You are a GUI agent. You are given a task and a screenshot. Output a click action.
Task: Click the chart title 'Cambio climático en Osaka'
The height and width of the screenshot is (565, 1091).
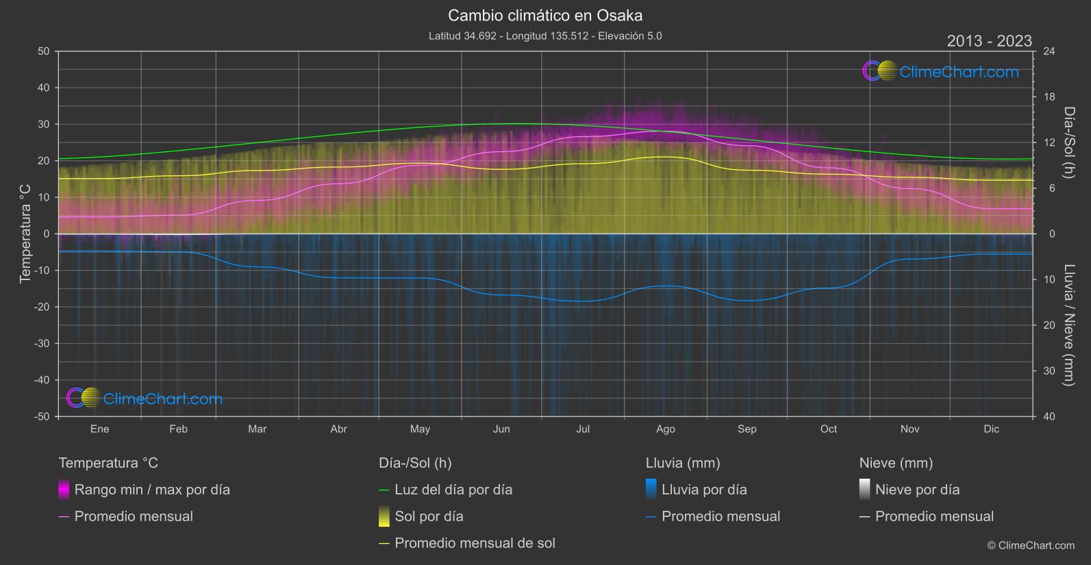(545, 15)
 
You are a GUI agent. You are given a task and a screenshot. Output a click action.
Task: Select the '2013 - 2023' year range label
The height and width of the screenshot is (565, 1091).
(989, 41)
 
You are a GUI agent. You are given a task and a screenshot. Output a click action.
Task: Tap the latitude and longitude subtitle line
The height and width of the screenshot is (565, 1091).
(545, 36)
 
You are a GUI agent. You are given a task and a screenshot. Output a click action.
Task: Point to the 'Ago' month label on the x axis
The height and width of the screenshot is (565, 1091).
(665, 429)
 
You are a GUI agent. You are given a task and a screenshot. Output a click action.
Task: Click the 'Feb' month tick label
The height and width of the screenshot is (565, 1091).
(178, 429)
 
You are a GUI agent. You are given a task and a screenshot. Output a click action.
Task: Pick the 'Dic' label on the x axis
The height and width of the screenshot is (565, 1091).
(991, 429)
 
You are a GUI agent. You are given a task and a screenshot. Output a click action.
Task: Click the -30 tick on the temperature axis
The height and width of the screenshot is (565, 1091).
(42, 344)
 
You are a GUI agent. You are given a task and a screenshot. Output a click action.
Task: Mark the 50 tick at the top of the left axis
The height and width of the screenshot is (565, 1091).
(44, 51)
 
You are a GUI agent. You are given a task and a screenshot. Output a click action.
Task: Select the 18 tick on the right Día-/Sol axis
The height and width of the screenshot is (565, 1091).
(1049, 97)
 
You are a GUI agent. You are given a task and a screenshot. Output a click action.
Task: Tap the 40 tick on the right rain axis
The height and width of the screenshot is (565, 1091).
(1049, 416)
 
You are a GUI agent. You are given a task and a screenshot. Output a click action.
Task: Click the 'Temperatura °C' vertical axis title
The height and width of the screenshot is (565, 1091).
(25, 234)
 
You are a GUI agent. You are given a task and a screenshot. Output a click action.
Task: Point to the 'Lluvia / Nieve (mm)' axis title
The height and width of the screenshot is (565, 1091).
(1068, 325)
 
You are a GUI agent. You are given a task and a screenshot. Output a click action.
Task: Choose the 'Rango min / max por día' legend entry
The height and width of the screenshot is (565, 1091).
(152, 490)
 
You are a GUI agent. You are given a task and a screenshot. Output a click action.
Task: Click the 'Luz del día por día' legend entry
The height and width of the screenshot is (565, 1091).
(453, 490)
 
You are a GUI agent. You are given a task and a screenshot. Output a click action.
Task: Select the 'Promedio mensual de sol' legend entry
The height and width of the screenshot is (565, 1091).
(475, 543)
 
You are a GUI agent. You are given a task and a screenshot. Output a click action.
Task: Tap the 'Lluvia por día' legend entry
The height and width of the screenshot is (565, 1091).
(704, 490)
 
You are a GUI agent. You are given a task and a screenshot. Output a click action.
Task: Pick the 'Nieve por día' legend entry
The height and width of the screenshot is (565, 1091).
(917, 490)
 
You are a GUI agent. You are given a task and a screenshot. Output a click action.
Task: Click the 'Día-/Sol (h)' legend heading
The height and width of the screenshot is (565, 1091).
(415, 463)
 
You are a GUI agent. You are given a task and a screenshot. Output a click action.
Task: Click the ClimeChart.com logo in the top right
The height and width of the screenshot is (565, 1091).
(941, 71)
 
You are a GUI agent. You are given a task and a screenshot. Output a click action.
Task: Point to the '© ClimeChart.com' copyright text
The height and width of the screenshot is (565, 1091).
(1031, 546)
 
